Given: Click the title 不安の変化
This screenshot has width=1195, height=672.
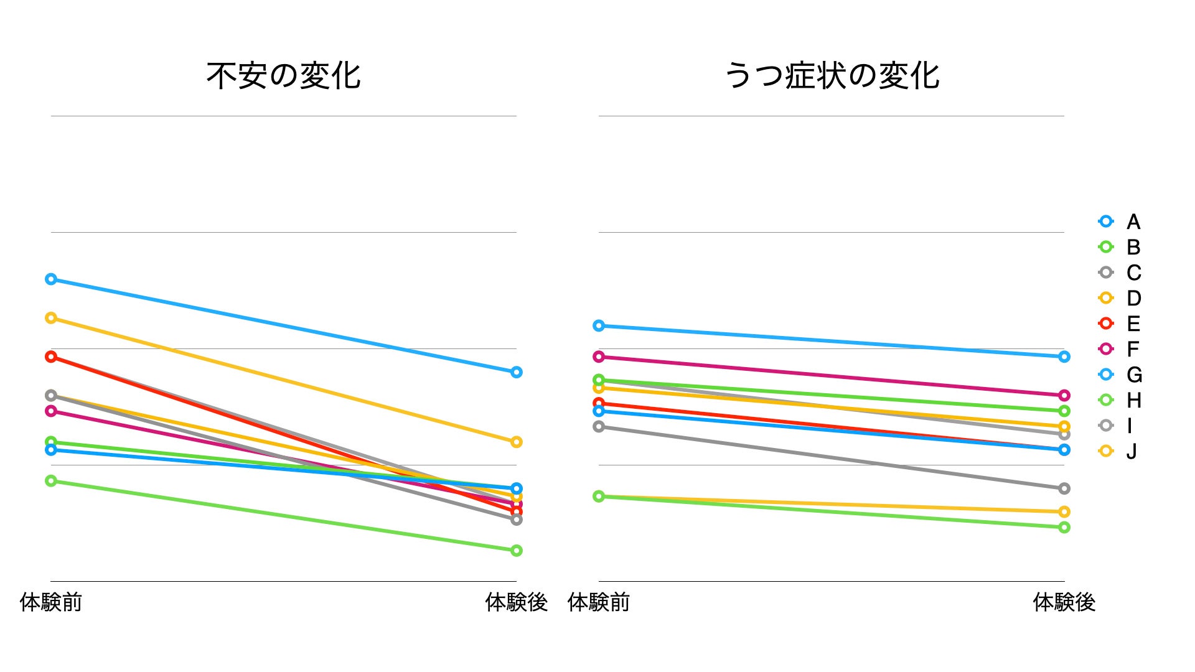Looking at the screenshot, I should click(283, 76).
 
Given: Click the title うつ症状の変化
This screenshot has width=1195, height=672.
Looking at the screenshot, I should click(832, 76).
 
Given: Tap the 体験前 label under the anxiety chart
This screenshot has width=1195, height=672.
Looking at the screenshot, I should click(51, 602).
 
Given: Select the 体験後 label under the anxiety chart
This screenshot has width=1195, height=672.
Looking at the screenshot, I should click(516, 602).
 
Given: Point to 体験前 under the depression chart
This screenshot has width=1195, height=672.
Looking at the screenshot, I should click(599, 602).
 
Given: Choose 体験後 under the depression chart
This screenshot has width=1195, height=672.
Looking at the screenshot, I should click(1064, 602).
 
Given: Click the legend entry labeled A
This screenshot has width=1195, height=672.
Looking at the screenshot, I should click(1120, 222).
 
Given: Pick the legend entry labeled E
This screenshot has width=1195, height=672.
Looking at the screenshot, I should click(1120, 324).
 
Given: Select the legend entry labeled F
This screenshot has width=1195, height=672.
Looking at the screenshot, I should click(1120, 349).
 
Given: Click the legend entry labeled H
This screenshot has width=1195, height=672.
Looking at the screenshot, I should click(1120, 400).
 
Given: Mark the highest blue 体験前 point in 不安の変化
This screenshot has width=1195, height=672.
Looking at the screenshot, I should click(51, 279).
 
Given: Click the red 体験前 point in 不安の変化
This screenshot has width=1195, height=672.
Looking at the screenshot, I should click(51, 357).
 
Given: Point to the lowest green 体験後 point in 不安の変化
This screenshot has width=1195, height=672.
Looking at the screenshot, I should click(516, 551).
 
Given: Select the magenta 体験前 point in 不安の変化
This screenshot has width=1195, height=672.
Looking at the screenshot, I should click(51, 411).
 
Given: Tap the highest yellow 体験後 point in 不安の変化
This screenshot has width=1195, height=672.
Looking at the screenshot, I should click(516, 442).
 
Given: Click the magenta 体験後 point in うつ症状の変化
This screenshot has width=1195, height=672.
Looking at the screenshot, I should click(1064, 395).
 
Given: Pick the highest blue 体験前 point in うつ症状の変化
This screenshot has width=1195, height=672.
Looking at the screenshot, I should click(599, 325).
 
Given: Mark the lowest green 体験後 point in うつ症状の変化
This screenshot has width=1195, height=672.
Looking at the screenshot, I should click(1064, 527).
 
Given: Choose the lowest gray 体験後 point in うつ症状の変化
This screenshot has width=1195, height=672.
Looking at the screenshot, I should click(1064, 488).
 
